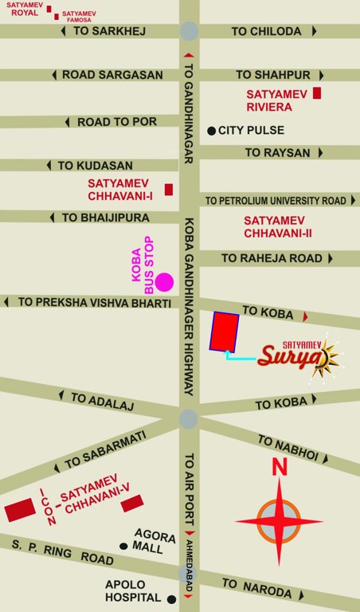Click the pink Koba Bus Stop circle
164,281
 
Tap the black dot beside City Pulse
211,130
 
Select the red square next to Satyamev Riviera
317,93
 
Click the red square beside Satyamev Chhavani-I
168,189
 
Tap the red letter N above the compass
279,467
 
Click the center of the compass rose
279,522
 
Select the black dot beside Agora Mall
123,546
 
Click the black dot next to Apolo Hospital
170,598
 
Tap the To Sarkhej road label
109,31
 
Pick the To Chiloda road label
266,31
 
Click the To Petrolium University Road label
276,201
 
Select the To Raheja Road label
272,258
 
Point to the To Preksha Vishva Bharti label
94,303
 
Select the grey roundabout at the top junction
189,31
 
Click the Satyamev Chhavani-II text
279,226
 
